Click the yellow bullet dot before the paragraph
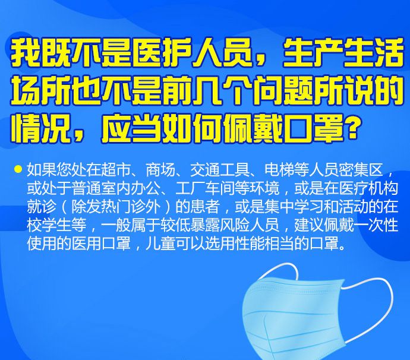click(x=18, y=169)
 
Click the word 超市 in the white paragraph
click(x=115, y=170)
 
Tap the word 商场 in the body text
click(x=160, y=170)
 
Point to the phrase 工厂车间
click(x=204, y=188)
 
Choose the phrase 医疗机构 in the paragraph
click(x=368, y=188)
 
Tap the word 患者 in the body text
click(x=204, y=207)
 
